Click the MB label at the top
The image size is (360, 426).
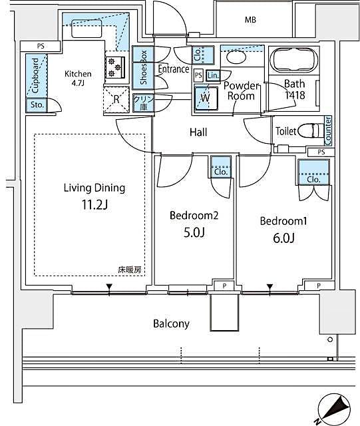tap(250, 20)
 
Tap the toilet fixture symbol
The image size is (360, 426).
tap(305, 130)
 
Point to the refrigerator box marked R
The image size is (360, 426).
tap(116, 100)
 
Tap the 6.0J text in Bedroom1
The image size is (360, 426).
tap(283, 237)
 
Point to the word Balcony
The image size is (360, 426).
tap(171, 324)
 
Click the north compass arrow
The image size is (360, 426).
tap(335, 406)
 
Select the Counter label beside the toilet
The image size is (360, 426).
tap(328, 130)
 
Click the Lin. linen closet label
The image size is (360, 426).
tap(212, 76)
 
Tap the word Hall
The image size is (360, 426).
tap(198, 132)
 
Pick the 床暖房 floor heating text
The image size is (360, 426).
tap(130, 270)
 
